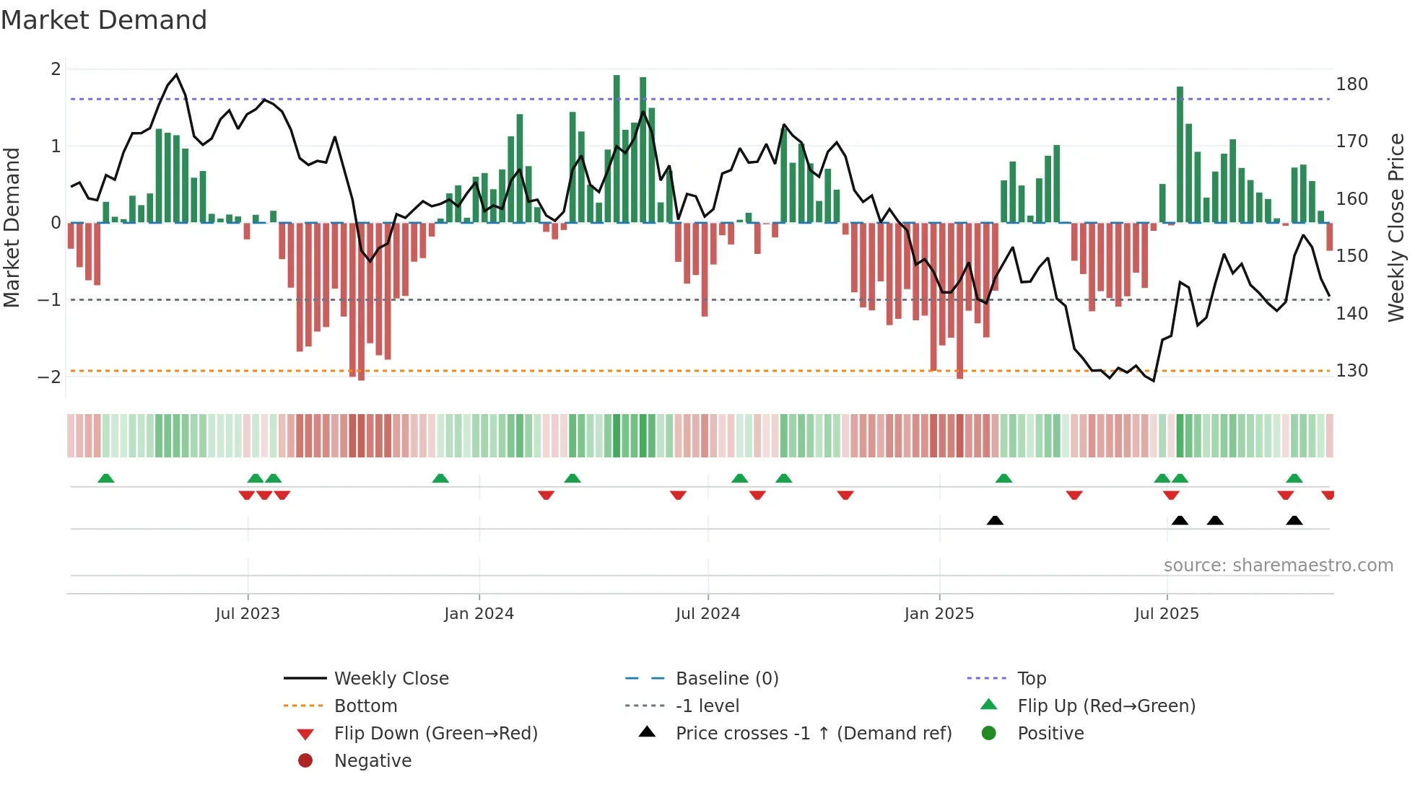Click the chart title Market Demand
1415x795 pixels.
pos(104,20)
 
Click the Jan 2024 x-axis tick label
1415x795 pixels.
pos(479,614)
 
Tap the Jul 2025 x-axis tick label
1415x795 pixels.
pos(1166,614)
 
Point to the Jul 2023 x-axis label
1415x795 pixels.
pos(248,614)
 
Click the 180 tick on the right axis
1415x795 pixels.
pos(1351,84)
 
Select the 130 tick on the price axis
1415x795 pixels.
pos(1351,371)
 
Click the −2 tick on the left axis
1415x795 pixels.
pos(49,377)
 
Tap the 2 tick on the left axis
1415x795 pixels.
pos(56,69)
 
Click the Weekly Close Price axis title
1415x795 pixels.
pos(1396,227)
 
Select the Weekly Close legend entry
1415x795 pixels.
pos(391,679)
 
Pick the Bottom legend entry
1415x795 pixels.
pos(365,706)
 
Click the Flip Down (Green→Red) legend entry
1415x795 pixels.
pos(435,734)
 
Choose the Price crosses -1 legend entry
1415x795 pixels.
pos(813,734)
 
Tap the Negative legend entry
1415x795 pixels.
pos(373,761)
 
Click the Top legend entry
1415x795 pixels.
pos(1031,679)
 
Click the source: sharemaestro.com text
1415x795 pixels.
pos(1278,566)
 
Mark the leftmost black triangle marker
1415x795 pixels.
pos(995,520)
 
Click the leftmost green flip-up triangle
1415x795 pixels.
pos(106,478)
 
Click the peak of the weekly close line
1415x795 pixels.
pos(176,74)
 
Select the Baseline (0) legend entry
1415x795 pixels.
pos(726,679)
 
